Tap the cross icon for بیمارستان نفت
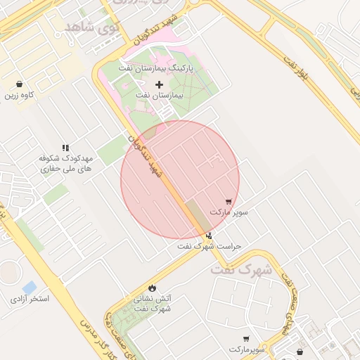[x=160, y=84]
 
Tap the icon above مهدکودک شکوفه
[x=65, y=148]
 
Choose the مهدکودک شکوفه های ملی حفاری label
[x=66, y=164]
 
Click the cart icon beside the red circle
[x=229, y=201]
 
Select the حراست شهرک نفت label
[x=209, y=246]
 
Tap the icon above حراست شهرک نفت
[x=209, y=236]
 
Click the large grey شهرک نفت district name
[x=239, y=269]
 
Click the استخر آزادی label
[x=30, y=299]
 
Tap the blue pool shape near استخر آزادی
[x=29, y=287]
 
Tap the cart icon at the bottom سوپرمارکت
[x=247, y=339]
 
